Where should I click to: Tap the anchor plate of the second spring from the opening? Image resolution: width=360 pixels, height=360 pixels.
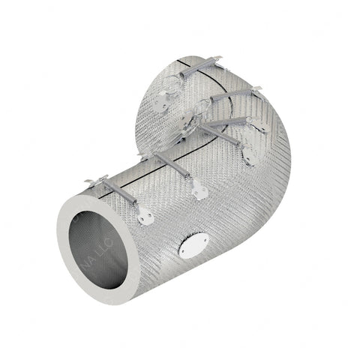199,192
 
